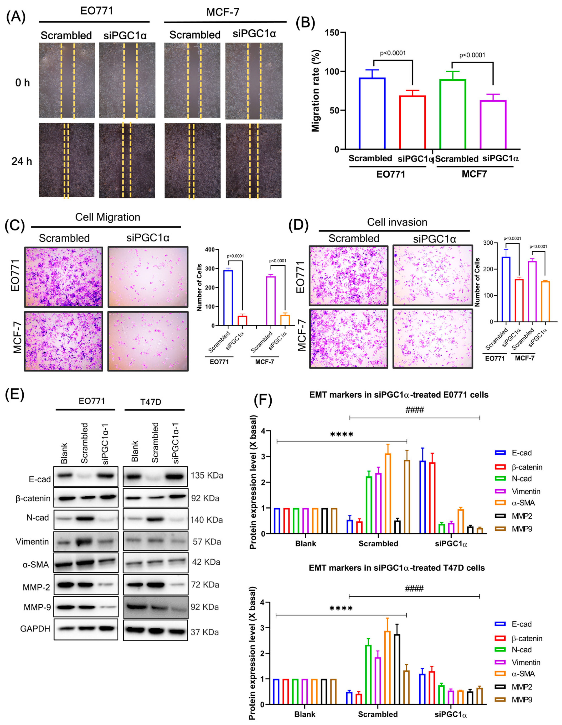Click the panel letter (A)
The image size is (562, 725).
click(x=15, y=17)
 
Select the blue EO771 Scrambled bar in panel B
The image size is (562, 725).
click(x=372, y=113)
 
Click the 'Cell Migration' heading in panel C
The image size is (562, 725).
click(x=108, y=217)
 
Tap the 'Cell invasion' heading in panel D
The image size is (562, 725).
click(x=397, y=222)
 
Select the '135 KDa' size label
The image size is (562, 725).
click(x=207, y=476)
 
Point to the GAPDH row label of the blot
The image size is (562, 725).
click(x=35, y=629)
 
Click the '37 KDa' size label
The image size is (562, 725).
click(x=204, y=632)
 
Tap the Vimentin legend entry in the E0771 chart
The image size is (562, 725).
click(x=526, y=491)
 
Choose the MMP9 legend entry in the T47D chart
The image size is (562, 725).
click(x=522, y=699)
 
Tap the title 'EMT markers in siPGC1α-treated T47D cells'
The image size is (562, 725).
click(x=397, y=568)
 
